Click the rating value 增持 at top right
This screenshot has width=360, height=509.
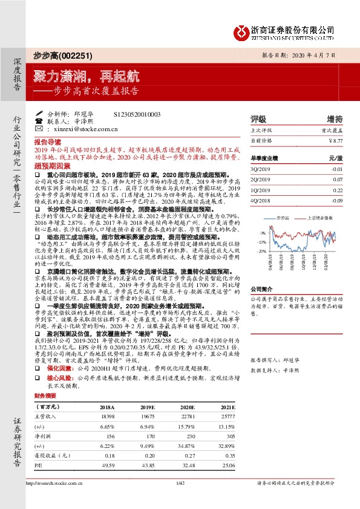[x=334, y=118]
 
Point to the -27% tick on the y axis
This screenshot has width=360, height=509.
[x=261, y=250]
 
